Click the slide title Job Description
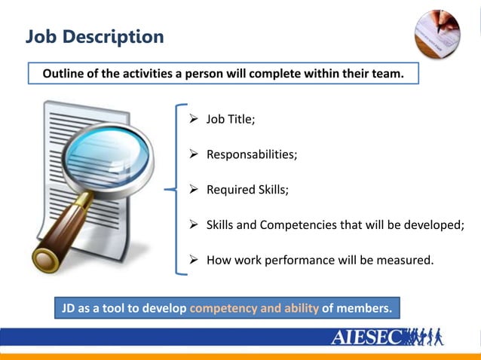pyautogui.click(x=94, y=35)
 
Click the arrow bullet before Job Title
pyautogui.click(x=193, y=119)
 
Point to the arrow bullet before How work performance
pyautogui.click(x=193, y=261)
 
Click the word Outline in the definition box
pyautogui.click(x=64, y=74)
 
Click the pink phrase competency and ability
pyautogui.click(x=254, y=308)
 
